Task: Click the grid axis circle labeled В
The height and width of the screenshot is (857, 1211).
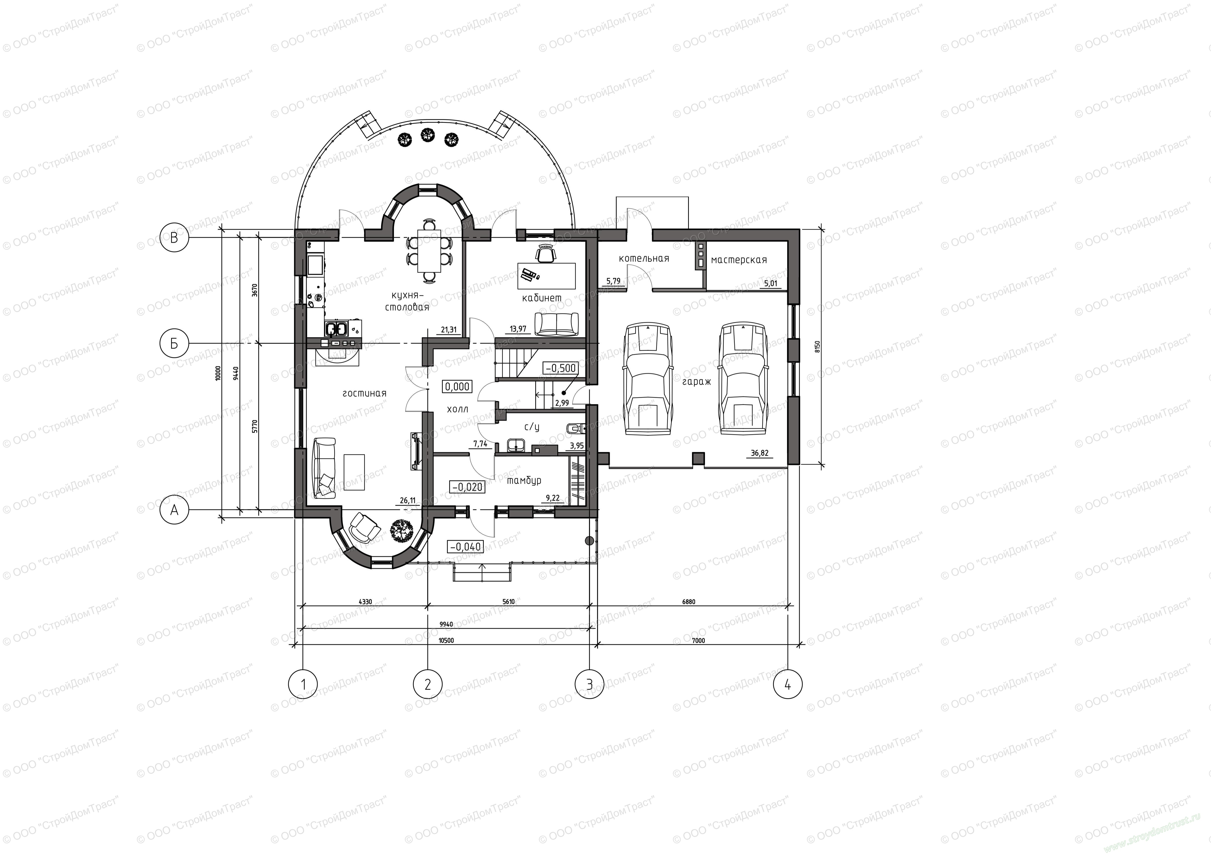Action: coord(175,238)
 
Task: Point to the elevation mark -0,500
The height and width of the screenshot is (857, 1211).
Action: coord(561,368)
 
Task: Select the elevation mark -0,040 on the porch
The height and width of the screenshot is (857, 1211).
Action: coord(465,547)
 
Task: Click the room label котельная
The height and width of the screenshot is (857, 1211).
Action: coord(644,258)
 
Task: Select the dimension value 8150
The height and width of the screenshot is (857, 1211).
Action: coord(817,346)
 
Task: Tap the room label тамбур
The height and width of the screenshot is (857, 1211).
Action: coord(524,481)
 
